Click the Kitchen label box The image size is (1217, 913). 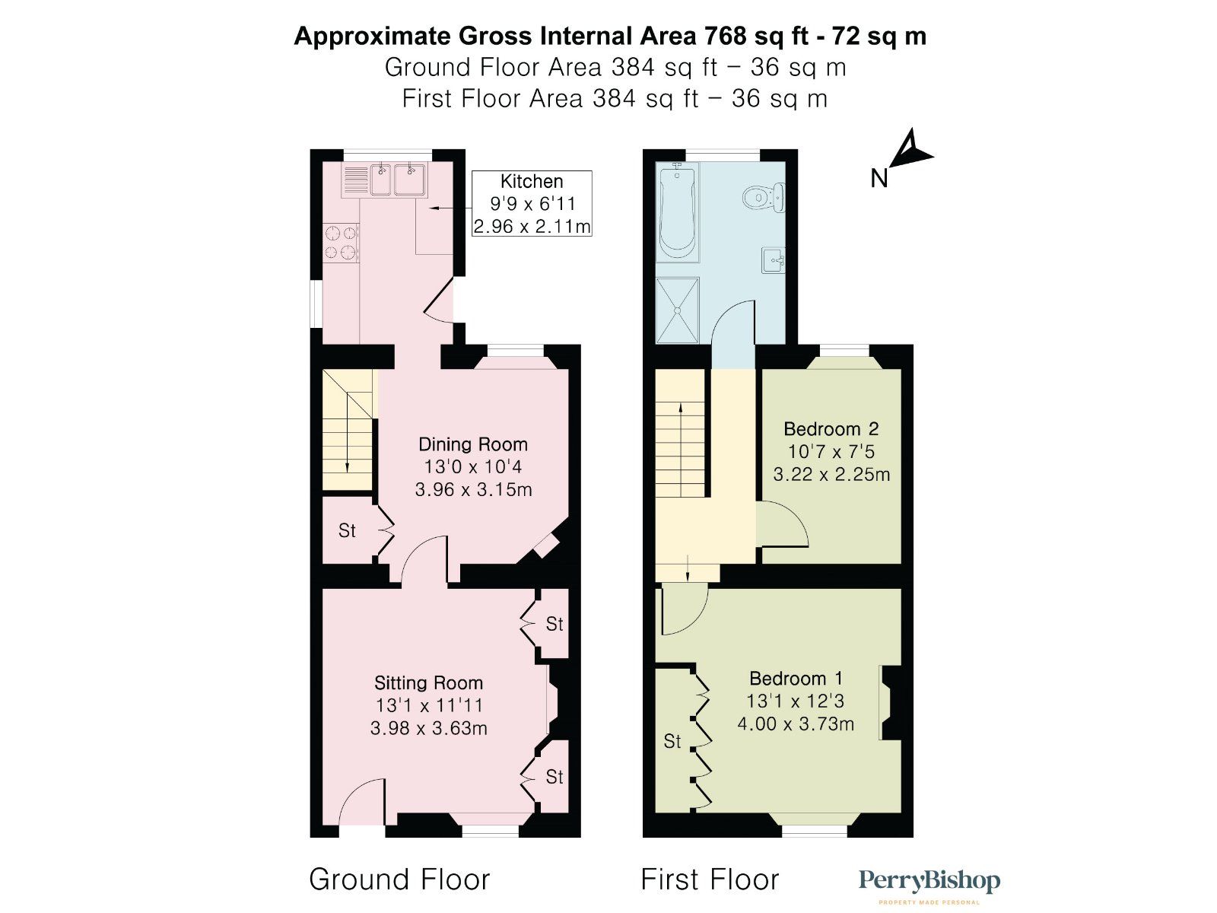532,203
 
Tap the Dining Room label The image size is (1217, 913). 472,445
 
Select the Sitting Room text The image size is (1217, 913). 428,683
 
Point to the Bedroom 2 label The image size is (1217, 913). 831,429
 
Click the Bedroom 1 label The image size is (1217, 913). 796,679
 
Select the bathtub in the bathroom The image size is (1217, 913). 676,213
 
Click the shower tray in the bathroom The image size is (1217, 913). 677,310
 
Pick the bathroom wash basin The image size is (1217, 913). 774,260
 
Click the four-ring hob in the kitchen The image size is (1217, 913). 341,242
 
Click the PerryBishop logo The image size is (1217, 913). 929,883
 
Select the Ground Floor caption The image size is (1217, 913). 399,880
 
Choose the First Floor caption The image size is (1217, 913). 710,880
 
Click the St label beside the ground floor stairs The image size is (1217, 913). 347,531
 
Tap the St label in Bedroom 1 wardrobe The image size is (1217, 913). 672,741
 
